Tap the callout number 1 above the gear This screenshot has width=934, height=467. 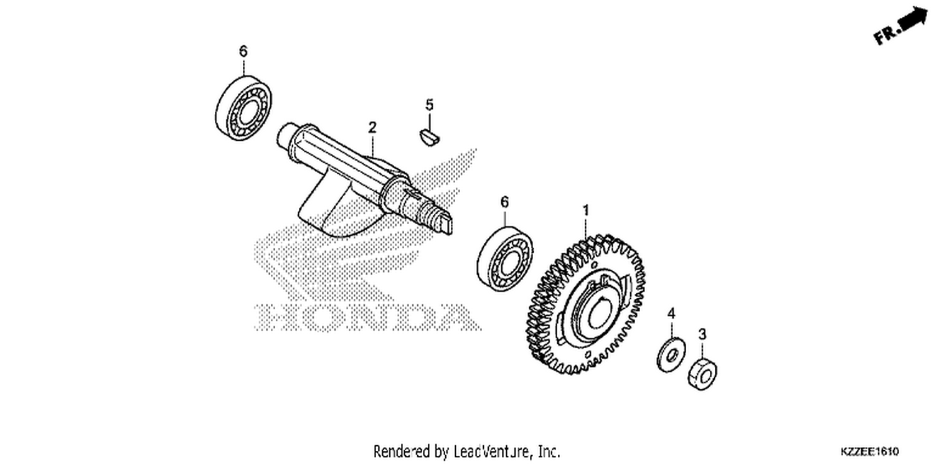click(x=586, y=210)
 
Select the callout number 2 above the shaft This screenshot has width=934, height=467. click(x=372, y=127)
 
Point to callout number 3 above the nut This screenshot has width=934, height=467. click(x=702, y=334)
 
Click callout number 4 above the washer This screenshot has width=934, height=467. click(x=671, y=314)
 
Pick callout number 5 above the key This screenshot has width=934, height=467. click(x=430, y=105)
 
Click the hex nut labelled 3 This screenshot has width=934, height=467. click(x=702, y=374)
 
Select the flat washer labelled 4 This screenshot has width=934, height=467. click(x=671, y=354)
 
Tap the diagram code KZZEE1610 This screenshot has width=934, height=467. click(x=869, y=451)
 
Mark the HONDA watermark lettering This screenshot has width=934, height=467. click(x=367, y=317)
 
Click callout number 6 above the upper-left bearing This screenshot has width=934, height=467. click(x=243, y=51)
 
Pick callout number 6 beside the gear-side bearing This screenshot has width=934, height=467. click(x=504, y=202)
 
